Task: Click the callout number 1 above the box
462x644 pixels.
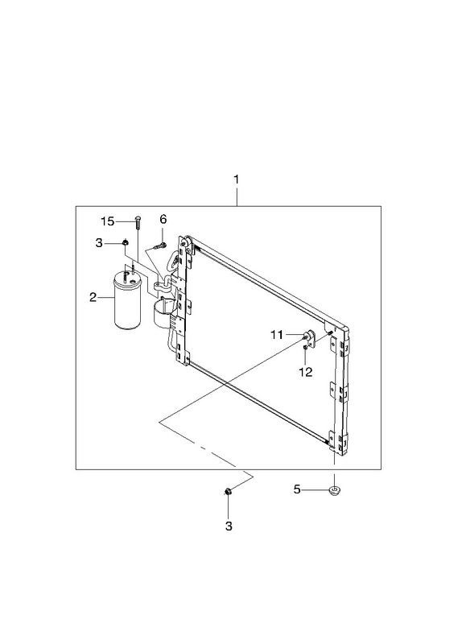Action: click(x=236, y=180)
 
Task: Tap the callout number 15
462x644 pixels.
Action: click(x=108, y=221)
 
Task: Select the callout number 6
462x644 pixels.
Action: click(x=163, y=219)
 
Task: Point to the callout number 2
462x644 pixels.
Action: click(x=93, y=297)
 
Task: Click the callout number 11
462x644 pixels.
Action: click(x=277, y=335)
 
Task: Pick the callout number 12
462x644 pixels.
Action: click(x=306, y=372)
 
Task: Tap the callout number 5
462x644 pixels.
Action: click(x=297, y=489)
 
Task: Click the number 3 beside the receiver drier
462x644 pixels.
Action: click(x=99, y=243)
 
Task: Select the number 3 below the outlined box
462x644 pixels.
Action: click(x=229, y=526)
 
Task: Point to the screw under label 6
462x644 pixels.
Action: click(x=160, y=246)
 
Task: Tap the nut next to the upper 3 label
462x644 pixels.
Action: click(x=125, y=243)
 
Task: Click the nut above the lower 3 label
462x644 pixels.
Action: click(x=229, y=491)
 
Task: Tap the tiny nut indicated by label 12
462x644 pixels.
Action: click(x=306, y=348)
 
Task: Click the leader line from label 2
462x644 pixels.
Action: click(x=105, y=297)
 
